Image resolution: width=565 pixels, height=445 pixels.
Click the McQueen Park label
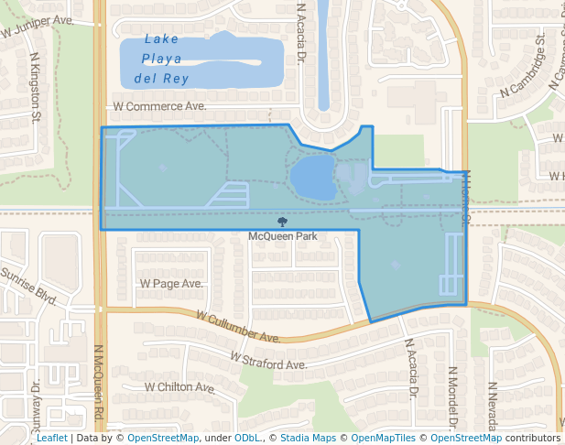[x=283, y=236]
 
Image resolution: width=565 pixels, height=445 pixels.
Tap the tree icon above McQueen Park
[x=283, y=222]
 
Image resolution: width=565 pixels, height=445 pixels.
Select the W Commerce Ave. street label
[x=159, y=106]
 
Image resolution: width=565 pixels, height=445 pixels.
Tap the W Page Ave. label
[x=171, y=284]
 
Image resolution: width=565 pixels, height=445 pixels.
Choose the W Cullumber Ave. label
[x=238, y=326]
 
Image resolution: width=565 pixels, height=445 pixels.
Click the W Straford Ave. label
[x=267, y=362]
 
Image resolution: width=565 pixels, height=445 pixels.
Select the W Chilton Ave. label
[x=180, y=387]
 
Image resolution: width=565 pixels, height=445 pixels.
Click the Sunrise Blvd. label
[x=27, y=284]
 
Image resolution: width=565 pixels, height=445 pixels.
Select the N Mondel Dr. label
[x=452, y=397]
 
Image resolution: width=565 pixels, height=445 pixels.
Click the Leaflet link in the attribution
[x=51, y=439]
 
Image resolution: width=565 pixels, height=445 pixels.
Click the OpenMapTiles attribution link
[x=385, y=439]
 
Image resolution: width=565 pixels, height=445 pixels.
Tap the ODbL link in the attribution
[x=248, y=439]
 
